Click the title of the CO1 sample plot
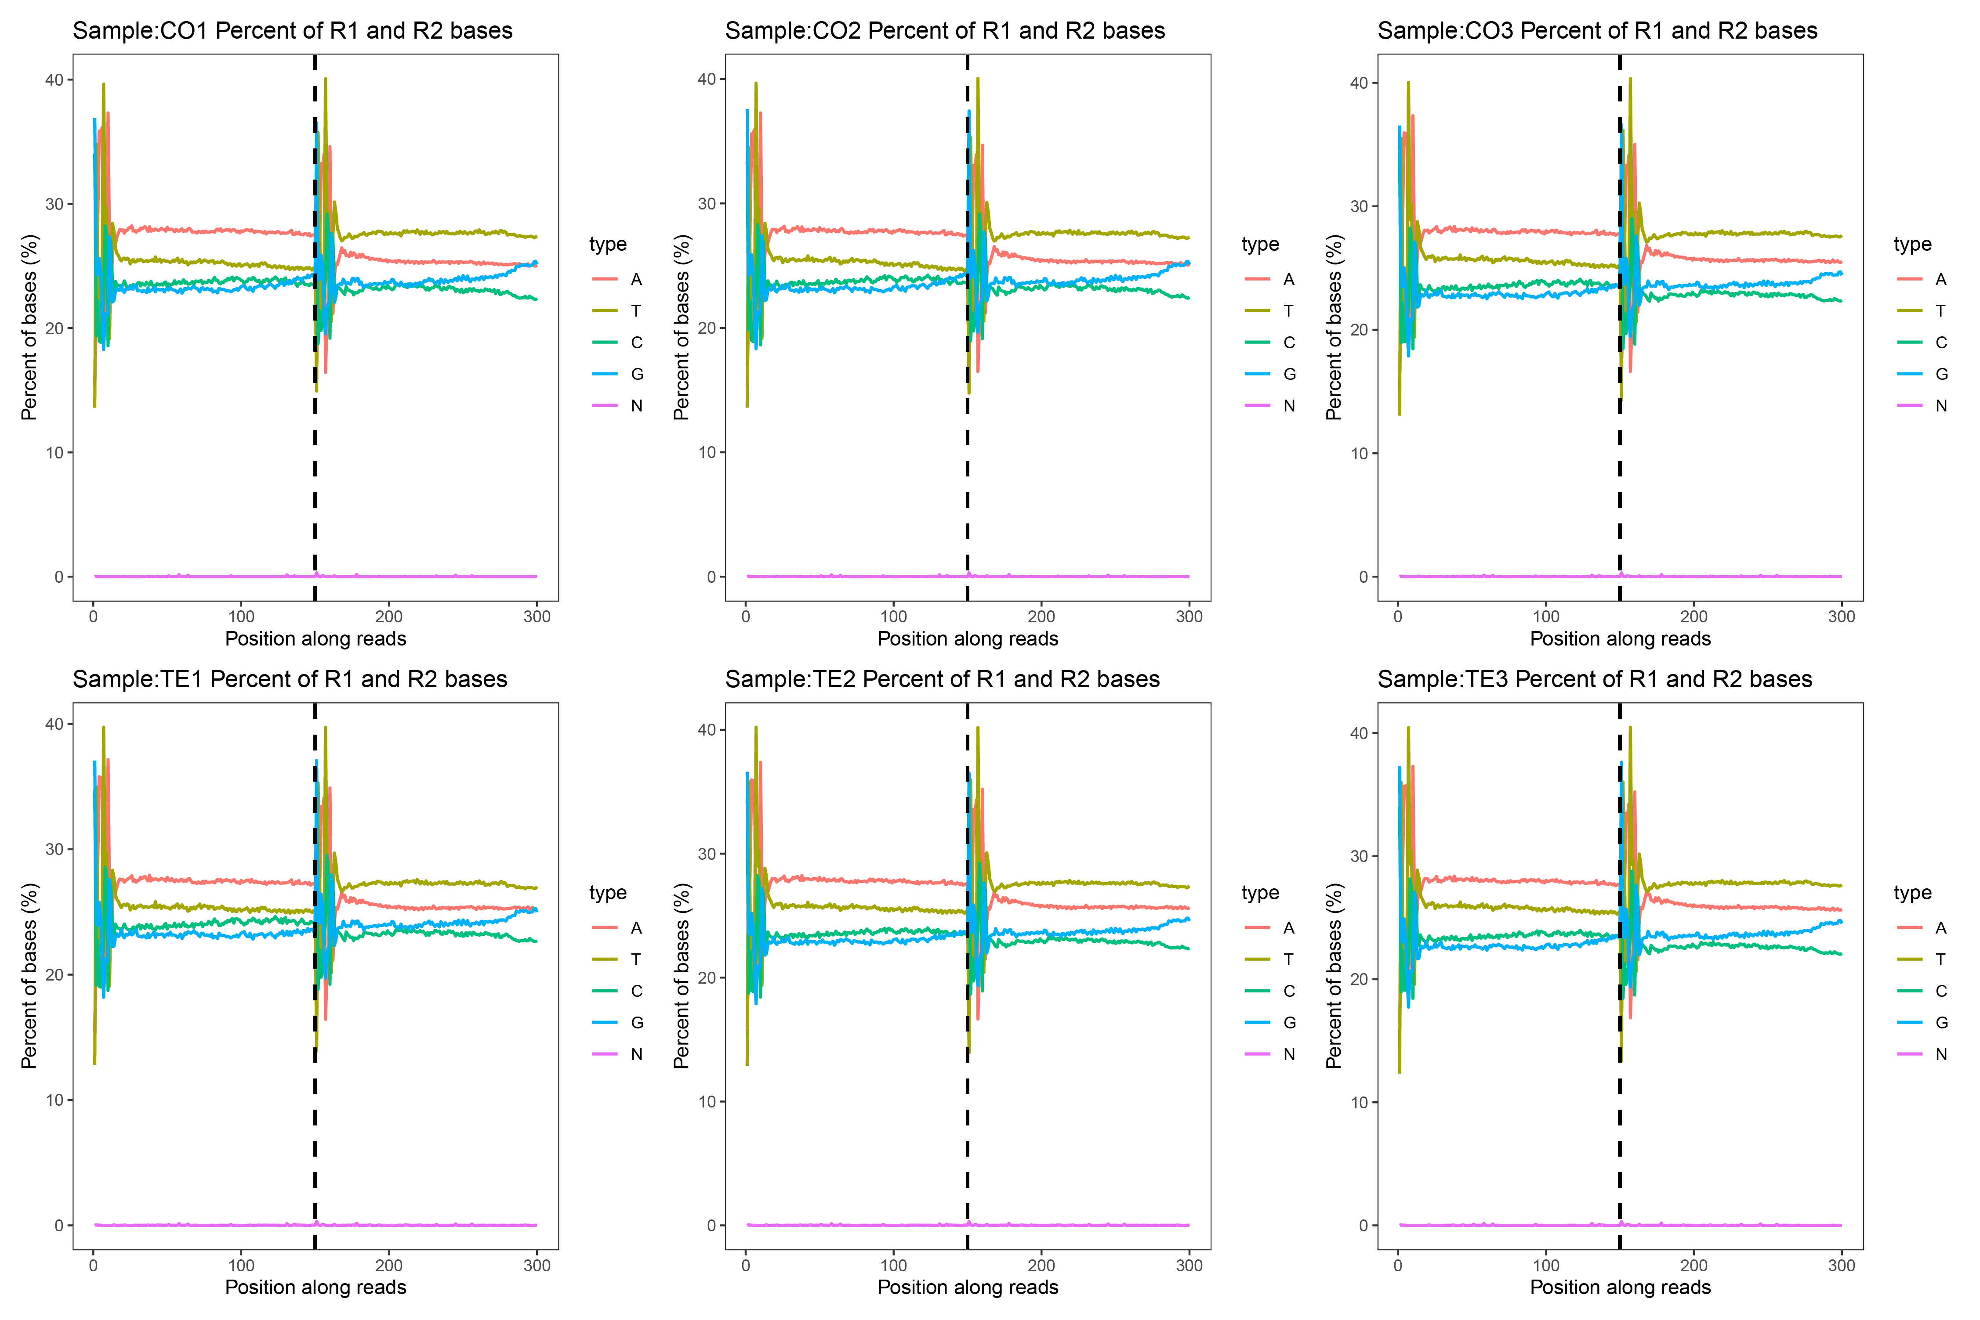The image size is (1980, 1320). (292, 31)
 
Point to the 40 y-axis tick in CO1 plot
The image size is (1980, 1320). (54, 80)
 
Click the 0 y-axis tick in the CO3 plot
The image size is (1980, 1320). (1363, 577)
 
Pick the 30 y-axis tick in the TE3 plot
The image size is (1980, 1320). (1359, 856)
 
